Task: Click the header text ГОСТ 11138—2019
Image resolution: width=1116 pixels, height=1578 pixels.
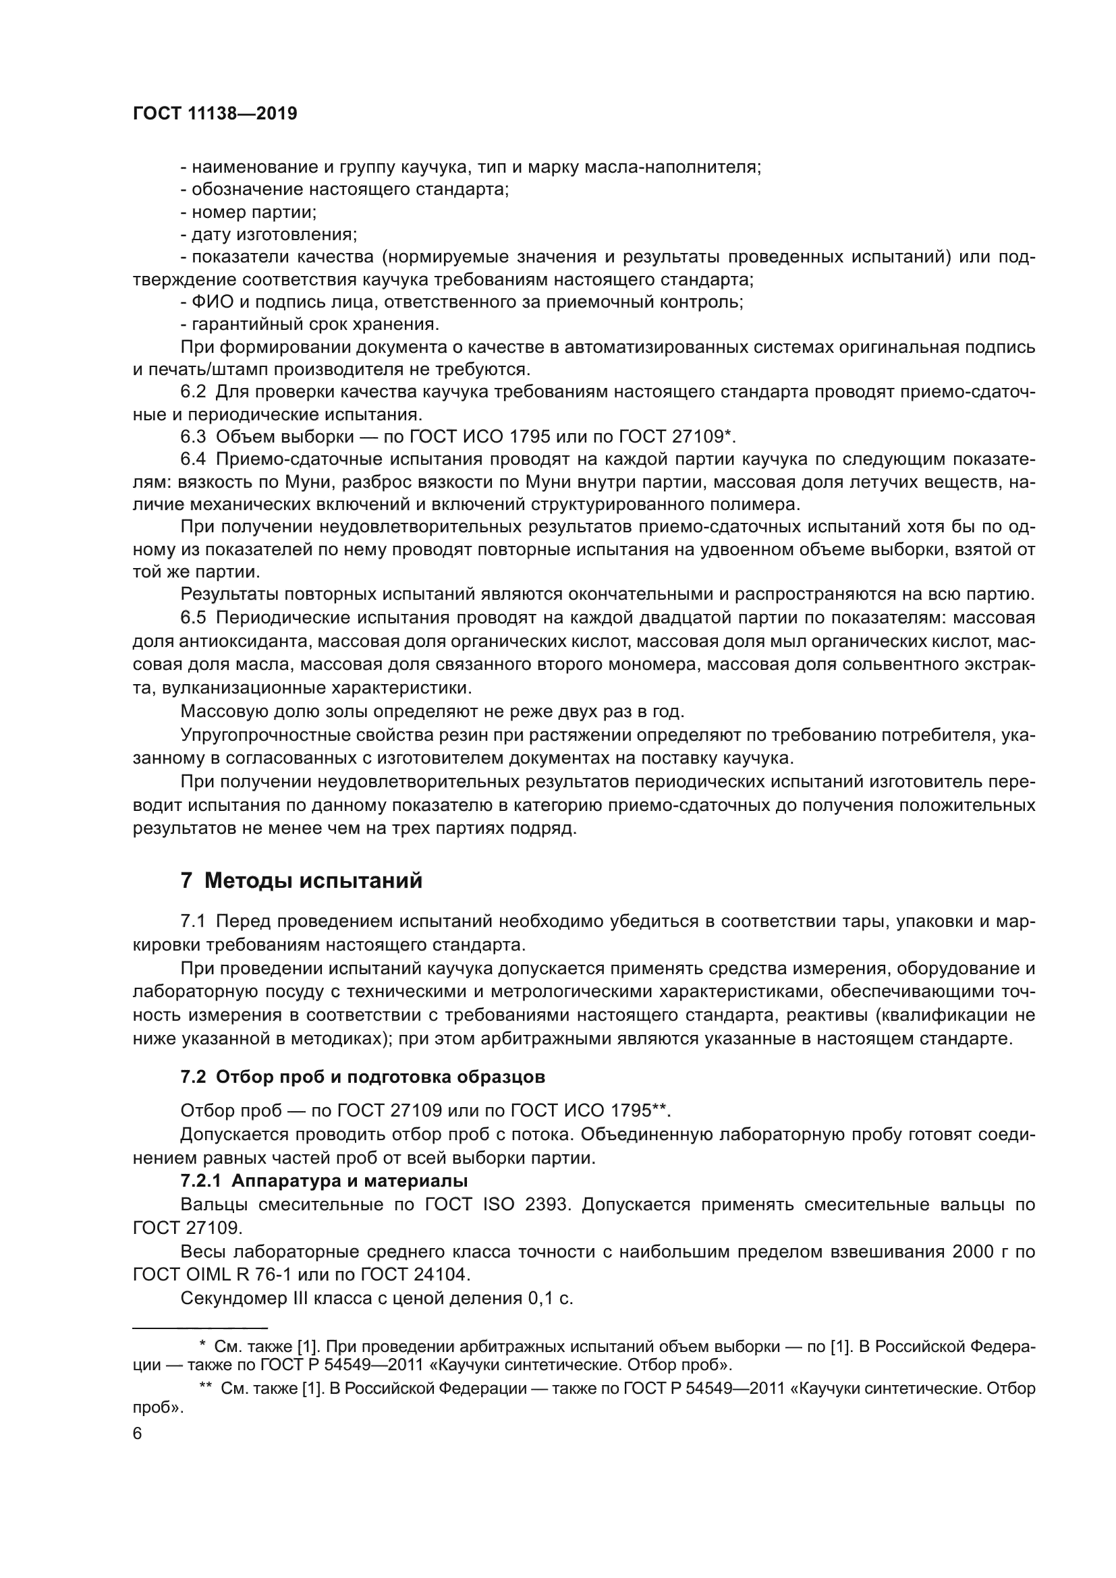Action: pyautogui.click(x=215, y=114)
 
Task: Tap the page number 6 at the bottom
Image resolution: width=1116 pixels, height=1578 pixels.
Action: pyautogui.click(x=138, y=1434)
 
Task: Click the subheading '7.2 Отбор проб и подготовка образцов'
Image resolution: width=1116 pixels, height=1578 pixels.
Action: pyautogui.click(x=363, y=1077)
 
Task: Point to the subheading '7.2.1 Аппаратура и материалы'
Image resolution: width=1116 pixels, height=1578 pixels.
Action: pyautogui.click(x=324, y=1181)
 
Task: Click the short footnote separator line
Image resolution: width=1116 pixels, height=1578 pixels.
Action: pyautogui.click(x=200, y=1327)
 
